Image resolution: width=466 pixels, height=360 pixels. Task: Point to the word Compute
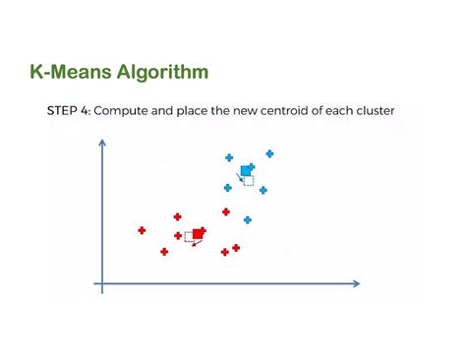pyautogui.click(x=131, y=111)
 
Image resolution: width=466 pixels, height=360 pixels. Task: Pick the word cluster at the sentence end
pyautogui.click(x=372, y=111)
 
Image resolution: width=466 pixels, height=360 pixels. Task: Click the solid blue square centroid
pyautogui.click(x=246, y=170)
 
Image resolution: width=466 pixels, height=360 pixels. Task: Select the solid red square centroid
pyautogui.click(x=198, y=234)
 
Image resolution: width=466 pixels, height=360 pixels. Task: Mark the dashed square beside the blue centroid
pyautogui.click(x=249, y=180)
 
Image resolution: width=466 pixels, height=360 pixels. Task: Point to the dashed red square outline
pyautogui.click(x=189, y=237)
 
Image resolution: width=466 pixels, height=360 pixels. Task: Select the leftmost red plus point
pyautogui.click(x=142, y=230)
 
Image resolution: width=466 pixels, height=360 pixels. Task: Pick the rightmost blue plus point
pyautogui.click(x=269, y=153)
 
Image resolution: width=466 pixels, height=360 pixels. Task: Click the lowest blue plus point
pyautogui.click(x=247, y=220)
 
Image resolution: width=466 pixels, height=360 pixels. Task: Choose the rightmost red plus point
pyautogui.click(x=236, y=248)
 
